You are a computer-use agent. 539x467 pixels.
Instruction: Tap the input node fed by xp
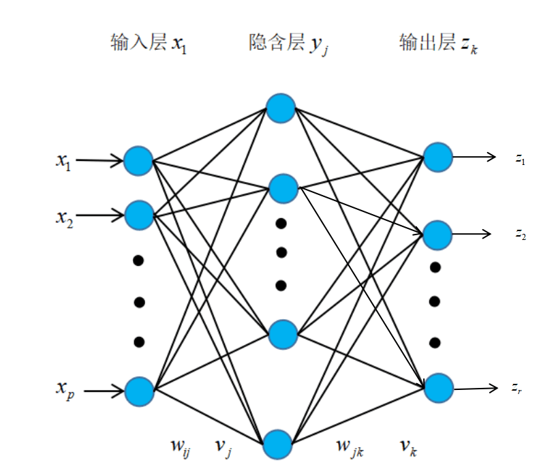[x=140, y=391]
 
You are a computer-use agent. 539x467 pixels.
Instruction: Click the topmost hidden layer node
[x=281, y=108]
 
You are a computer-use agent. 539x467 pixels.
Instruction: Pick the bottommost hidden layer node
[x=279, y=444]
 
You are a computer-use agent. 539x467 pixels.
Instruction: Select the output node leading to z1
[x=437, y=157]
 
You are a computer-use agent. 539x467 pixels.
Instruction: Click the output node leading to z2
[x=437, y=235]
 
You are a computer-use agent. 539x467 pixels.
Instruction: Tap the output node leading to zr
[x=437, y=387]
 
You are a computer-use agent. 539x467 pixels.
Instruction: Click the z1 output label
[x=521, y=159]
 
